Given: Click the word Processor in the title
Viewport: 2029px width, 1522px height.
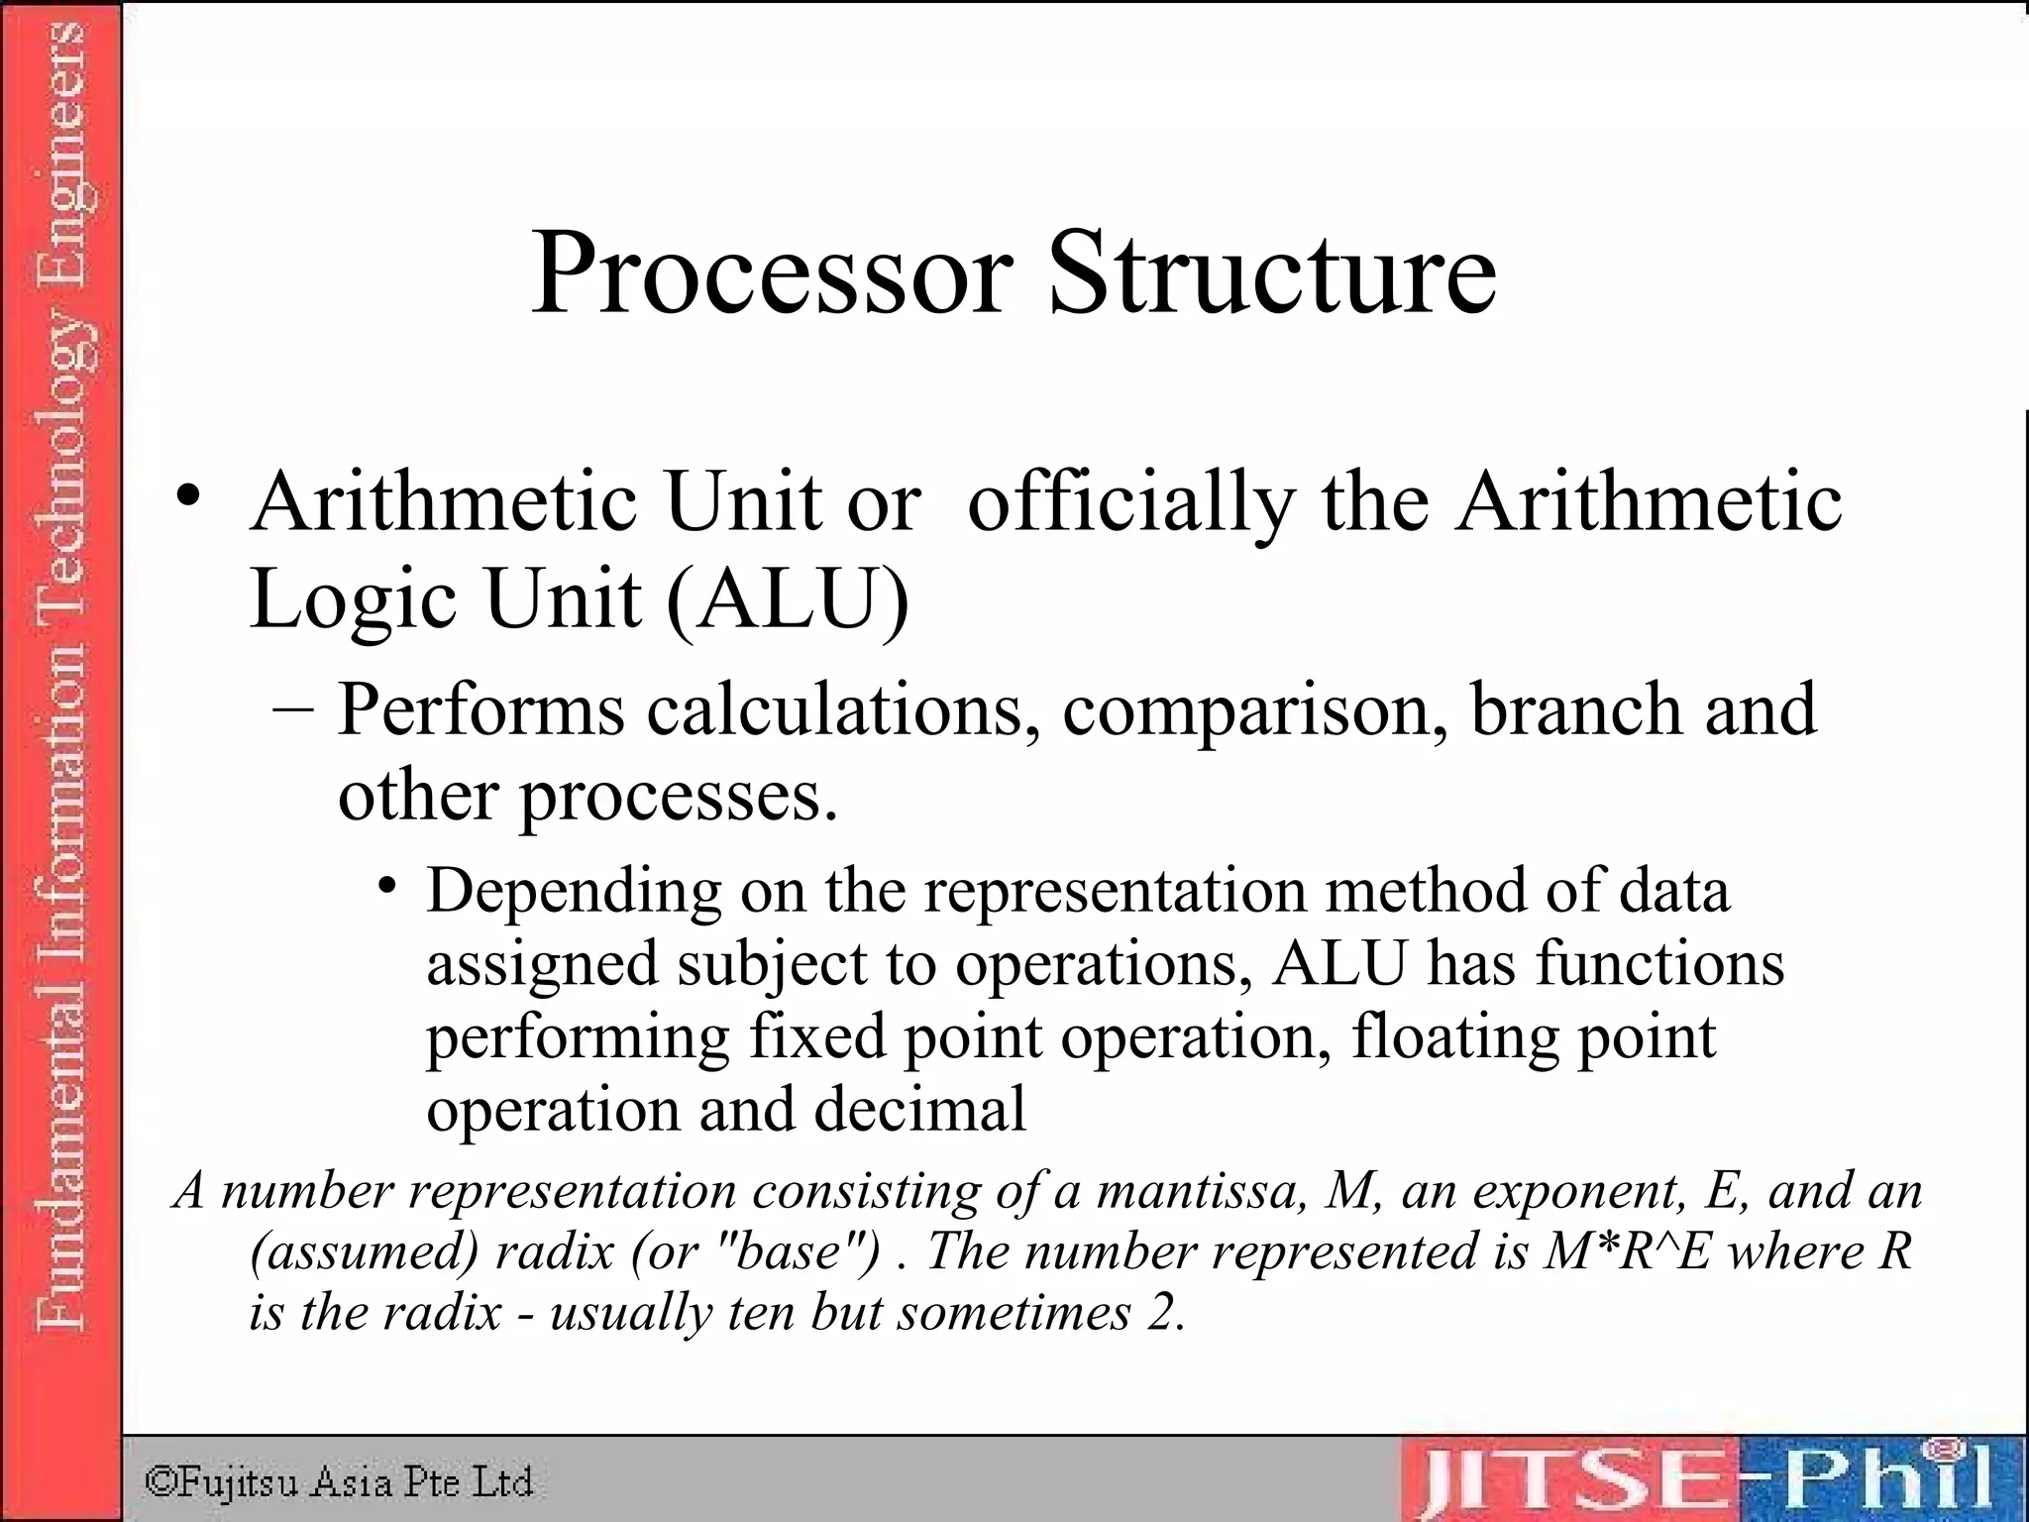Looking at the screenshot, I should point(772,273).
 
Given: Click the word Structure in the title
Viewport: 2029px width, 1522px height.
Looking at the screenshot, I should point(1272,273).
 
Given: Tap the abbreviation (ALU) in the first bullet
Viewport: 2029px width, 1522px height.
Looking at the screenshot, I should point(788,600).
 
